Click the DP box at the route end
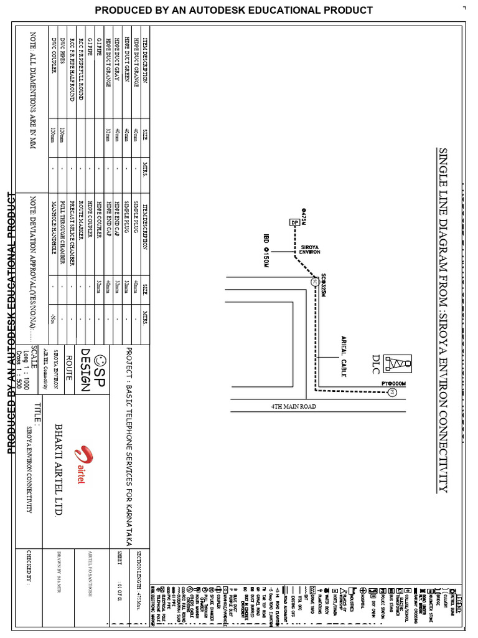[293, 222]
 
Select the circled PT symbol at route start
[392, 392]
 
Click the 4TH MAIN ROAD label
[293, 406]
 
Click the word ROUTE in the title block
[68, 363]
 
